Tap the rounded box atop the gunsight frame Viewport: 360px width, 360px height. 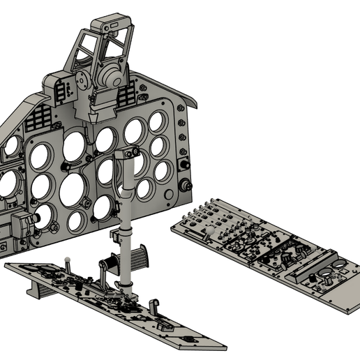(111, 27)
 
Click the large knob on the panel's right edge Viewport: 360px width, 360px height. (187, 186)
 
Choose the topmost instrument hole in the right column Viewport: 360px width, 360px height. (156, 122)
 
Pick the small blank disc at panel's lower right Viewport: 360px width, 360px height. (172, 204)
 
